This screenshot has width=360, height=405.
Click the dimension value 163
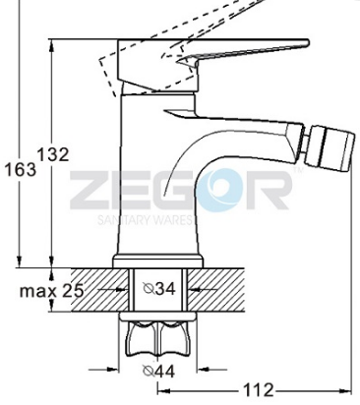20,170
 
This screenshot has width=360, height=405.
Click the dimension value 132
53,154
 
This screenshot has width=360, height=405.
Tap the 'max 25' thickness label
52,290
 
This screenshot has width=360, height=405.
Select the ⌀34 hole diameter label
159,288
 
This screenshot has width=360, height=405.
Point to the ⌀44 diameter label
159,371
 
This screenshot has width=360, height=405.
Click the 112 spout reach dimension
258,390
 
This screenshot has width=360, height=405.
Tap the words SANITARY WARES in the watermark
144,220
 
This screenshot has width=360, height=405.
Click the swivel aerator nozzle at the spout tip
330,148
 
